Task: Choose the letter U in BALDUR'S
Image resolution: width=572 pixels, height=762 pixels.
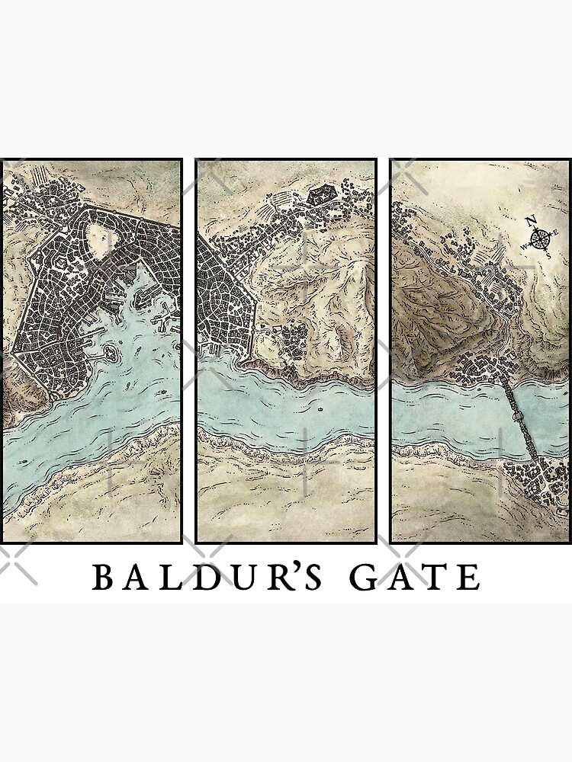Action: [230, 579]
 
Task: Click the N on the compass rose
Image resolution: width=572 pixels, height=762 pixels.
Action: [532, 222]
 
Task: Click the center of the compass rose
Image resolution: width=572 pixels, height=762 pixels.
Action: [541, 239]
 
